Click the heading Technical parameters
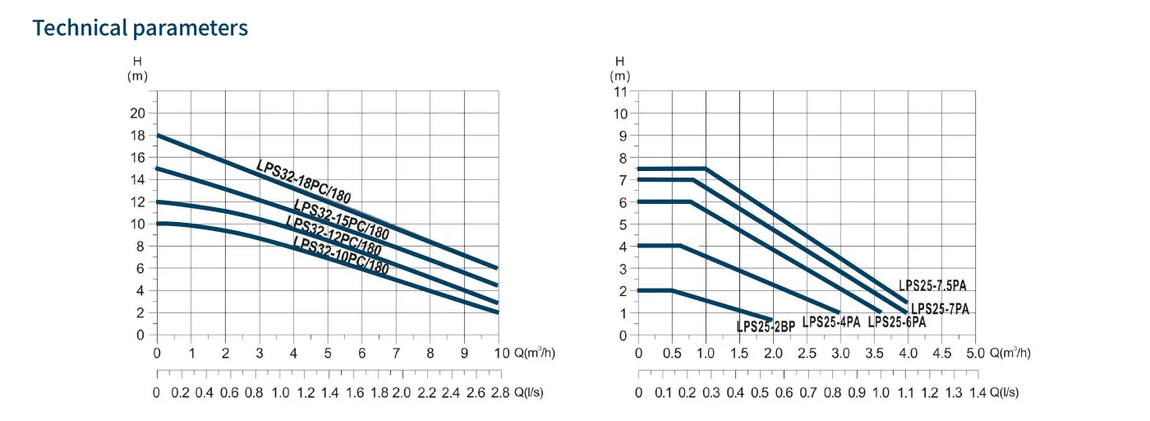tap(140, 27)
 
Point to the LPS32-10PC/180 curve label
tap(341, 256)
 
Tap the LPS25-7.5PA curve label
tap(932, 285)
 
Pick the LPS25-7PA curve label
tap(941, 309)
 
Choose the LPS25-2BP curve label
tap(766, 326)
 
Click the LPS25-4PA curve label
tap(831, 322)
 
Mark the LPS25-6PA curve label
tap(897, 322)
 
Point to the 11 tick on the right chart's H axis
tap(621, 90)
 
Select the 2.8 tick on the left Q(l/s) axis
tap(499, 393)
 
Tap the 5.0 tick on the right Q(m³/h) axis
tap(975, 353)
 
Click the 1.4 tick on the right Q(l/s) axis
tap(976, 393)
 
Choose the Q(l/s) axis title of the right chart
tap(1005, 393)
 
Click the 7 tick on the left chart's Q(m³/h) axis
tap(396, 353)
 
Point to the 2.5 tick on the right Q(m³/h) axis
tap(807, 353)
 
